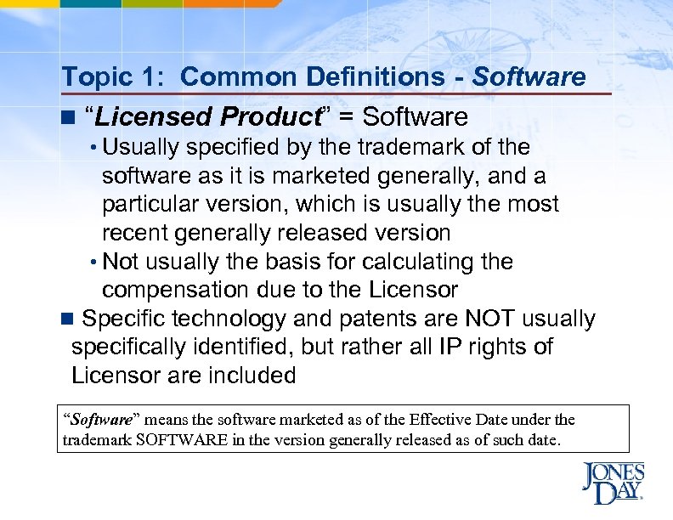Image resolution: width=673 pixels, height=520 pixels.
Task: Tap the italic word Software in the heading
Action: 529,77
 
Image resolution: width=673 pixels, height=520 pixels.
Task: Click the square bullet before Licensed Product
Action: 68,116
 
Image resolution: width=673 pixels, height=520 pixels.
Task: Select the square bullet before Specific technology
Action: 68,319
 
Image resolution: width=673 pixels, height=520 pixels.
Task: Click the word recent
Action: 135,233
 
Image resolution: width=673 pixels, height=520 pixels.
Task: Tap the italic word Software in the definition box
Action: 100,420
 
